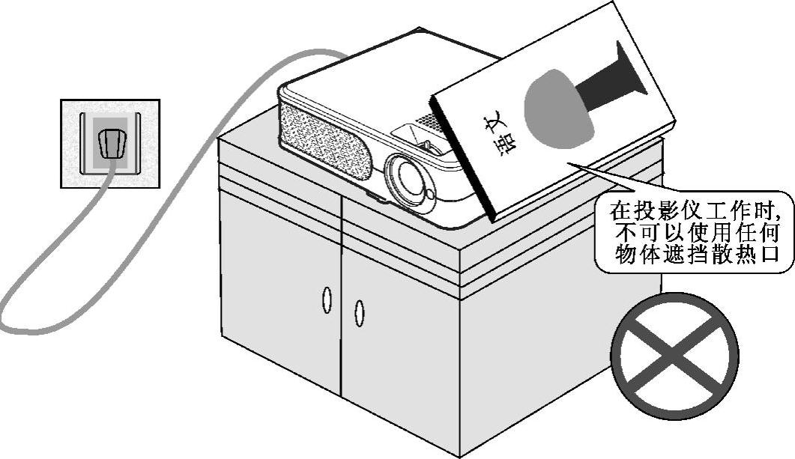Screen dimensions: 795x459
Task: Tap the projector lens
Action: click(411, 177)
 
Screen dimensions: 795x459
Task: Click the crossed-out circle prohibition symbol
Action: click(675, 356)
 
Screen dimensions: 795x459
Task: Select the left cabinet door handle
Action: click(327, 299)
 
